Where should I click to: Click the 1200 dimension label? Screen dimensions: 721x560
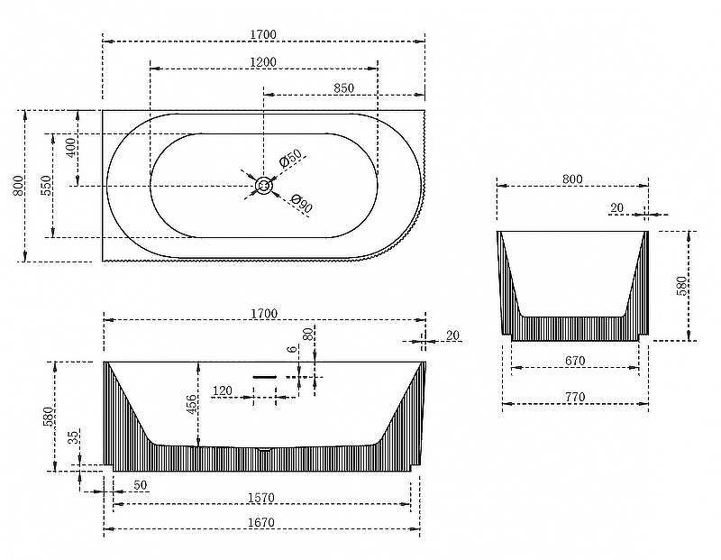click(x=263, y=61)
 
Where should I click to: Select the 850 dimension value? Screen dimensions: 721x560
click(x=343, y=87)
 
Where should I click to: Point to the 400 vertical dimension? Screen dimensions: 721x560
click(x=71, y=147)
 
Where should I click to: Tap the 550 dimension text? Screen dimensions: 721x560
click(x=47, y=186)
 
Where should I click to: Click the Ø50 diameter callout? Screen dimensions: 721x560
click(x=290, y=158)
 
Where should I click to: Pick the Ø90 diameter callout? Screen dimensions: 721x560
click(x=302, y=204)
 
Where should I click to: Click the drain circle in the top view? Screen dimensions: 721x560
click(x=264, y=186)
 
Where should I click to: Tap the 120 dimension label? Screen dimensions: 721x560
click(x=223, y=391)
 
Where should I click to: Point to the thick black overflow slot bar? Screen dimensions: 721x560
click(x=265, y=377)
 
